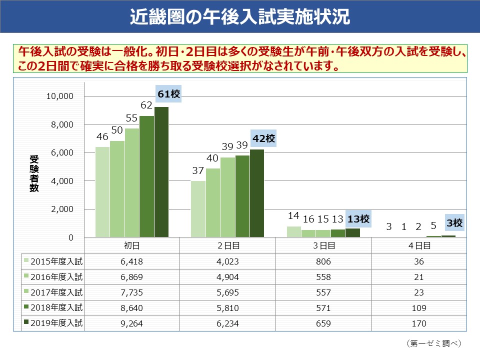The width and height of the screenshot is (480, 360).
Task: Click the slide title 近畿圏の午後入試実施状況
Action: (x=239, y=16)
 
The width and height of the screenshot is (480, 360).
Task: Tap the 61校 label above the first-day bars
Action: (x=168, y=93)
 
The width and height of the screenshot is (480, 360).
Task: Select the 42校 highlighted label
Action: (x=263, y=138)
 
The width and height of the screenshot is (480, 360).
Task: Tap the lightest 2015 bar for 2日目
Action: (x=198, y=208)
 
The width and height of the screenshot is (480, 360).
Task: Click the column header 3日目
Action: (x=323, y=245)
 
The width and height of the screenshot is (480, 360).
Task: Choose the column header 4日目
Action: (x=418, y=245)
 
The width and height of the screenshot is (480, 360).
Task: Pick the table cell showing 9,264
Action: (x=132, y=323)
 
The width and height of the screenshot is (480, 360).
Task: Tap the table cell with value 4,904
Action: (x=228, y=277)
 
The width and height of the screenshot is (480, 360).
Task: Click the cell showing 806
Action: (x=323, y=261)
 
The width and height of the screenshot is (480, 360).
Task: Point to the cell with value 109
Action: (x=418, y=308)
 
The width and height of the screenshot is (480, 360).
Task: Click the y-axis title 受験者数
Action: (x=34, y=174)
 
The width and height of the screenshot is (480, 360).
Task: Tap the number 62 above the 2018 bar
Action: (x=146, y=105)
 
